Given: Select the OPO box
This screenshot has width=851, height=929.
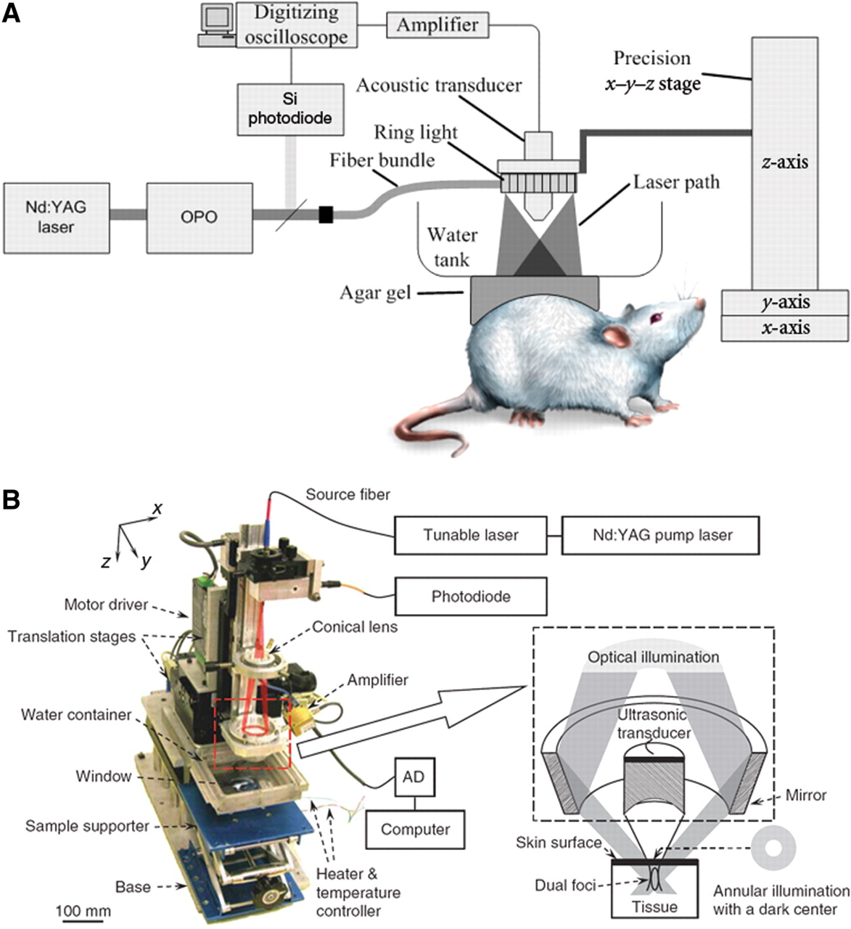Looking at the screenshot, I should pyautogui.click(x=200, y=217).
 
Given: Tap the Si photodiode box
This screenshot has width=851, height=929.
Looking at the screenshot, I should pyautogui.click(x=290, y=109).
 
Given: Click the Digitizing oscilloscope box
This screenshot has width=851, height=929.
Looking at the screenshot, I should pyautogui.click(x=297, y=25).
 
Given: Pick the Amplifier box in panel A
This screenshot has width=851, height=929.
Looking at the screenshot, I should pyautogui.click(x=437, y=25).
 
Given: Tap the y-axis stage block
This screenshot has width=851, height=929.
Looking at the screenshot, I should pyautogui.click(x=784, y=302).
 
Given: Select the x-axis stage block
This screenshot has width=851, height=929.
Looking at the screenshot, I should pyautogui.click(x=784, y=327).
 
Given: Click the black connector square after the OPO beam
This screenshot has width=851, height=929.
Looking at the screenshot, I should pyautogui.click(x=326, y=214).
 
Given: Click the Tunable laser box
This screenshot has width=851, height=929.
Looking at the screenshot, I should pyautogui.click(x=470, y=536).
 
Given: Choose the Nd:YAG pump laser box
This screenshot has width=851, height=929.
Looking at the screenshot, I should pyautogui.click(x=659, y=536).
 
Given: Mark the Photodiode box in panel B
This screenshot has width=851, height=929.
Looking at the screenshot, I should pyautogui.click(x=470, y=597).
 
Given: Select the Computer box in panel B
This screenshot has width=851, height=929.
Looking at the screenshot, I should pyautogui.click(x=415, y=830).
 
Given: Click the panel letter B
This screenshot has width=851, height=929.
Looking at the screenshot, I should pyautogui.click(x=12, y=500).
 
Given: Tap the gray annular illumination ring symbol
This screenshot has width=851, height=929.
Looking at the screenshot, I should pyautogui.click(x=775, y=847).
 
